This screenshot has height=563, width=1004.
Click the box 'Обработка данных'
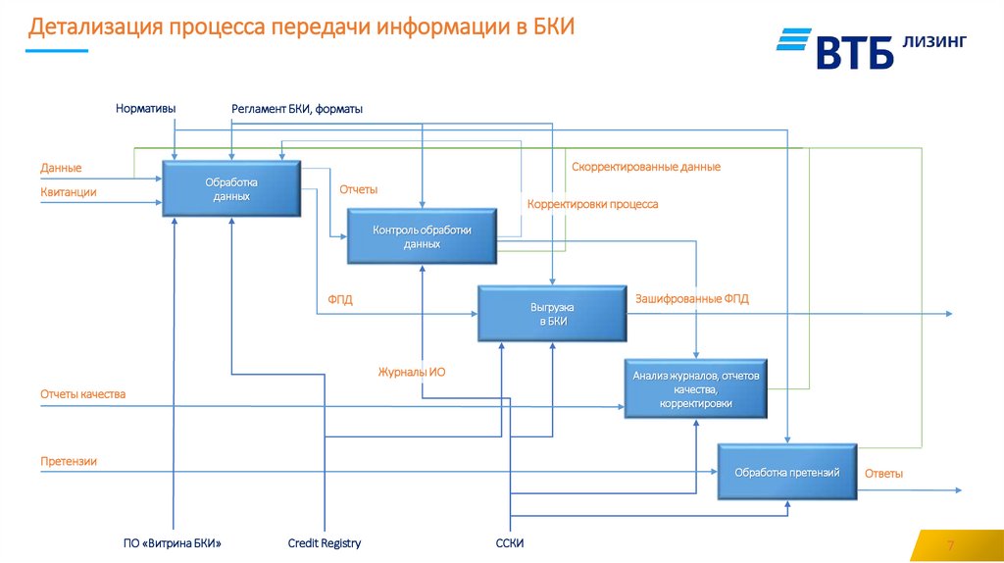coord(231,188)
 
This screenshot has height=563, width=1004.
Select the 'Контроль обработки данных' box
coord(422,236)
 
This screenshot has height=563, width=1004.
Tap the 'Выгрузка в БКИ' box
coord(552,314)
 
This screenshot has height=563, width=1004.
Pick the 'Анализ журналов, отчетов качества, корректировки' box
coord(695,389)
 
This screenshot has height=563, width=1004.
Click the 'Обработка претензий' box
coord(787,473)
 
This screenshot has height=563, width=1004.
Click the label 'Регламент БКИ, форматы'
coord(297,109)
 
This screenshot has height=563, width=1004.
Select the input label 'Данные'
coord(61,168)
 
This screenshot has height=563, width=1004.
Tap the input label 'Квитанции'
coord(69,192)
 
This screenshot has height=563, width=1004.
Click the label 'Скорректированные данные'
coord(646,167)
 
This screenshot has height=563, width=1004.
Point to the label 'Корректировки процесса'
coord(592,204)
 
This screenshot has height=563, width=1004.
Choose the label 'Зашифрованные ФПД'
coord(691,298)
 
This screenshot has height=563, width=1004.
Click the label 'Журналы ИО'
coord(412,372)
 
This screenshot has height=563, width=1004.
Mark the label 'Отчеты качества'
coord(83,394)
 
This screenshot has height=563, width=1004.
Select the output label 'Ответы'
coord(883,474)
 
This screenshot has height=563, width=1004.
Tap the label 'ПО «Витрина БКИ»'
coord(173,543)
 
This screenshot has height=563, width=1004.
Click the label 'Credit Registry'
coord(325,543)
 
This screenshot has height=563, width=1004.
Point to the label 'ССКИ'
coord(510,543)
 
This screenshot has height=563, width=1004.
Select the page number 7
coord(949,545)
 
